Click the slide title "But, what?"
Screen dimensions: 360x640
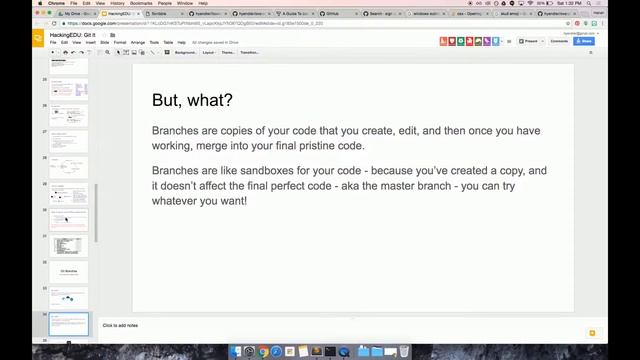[192, 100]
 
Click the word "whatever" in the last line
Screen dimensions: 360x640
[174, 201]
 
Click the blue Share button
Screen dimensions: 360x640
[583, 41]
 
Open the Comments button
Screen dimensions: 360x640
[559, 41]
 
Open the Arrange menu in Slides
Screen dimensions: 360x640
[137, 42]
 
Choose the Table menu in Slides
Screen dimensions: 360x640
[168, 42]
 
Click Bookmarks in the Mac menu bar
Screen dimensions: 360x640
[141, 3]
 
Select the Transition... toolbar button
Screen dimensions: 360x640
[249, 52]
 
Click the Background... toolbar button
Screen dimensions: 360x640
[186, 52]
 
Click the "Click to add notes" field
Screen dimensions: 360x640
[120, 325]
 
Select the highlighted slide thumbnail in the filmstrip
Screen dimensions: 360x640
[69, 323]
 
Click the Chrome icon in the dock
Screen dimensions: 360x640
[263, 352]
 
